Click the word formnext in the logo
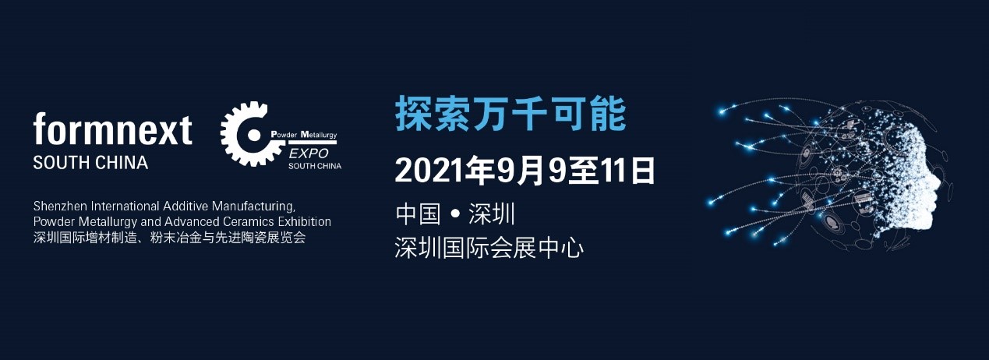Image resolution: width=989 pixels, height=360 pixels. tap(112, 129)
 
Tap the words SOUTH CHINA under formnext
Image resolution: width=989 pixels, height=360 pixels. tap(90, 163)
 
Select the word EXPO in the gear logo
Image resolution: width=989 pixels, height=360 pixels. tap(309, 154)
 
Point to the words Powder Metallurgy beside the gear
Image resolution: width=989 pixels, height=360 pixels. tap(304, 134)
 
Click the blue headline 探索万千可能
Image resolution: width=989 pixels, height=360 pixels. tap(510, 114)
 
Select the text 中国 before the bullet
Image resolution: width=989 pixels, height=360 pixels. tap(418, 214)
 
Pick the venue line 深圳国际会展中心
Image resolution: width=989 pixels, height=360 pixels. tap(489, 248)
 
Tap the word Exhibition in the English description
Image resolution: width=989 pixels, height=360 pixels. tap(305, 221)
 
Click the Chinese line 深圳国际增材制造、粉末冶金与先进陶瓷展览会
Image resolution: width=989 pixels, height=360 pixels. tap(170, 238)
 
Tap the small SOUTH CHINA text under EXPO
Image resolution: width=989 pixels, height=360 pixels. tap(315, 166)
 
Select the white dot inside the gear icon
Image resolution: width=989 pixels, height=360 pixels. tap(254, 135)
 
